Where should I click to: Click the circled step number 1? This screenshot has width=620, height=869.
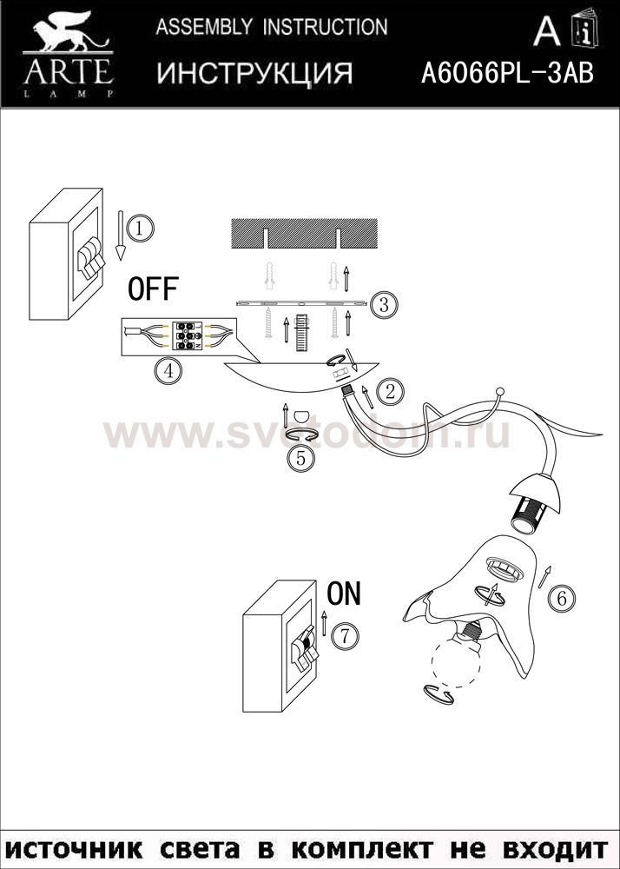[x=140, y=228]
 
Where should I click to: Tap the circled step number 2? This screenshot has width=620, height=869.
[x=390, y=392]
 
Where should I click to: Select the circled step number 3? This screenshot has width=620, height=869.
[x=384, y=304]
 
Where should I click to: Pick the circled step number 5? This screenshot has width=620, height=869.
[x=301, y=458]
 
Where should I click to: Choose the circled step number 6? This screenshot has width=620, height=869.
[x=561, y=599]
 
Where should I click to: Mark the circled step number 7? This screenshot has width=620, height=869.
[x=345, y=636]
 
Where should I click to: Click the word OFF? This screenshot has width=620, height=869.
[x=153, y=289]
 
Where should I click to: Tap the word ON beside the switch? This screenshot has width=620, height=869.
[x=344, y=594]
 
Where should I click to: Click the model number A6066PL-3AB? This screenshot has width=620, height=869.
[x=507, y=73]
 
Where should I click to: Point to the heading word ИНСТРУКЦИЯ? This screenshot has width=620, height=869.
[x=254, y=73]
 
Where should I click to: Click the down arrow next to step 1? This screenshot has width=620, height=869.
[x=120, y=235]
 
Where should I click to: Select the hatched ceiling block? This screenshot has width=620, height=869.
[x=304, y=233]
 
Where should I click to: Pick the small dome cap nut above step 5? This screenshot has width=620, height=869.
[x=301, y=415]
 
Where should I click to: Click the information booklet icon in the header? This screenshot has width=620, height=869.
[x=585, y=28]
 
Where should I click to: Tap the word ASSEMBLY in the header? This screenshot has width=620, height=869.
[x=204, y=27]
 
